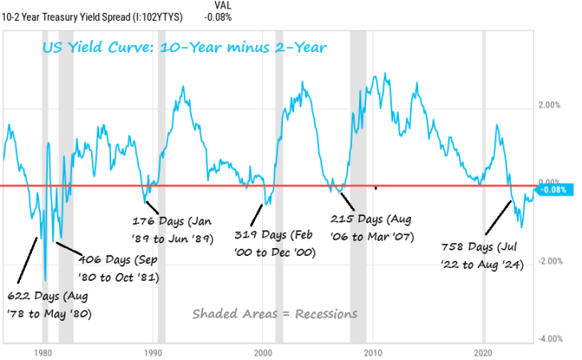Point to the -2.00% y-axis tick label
[553, 262]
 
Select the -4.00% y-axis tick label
[553, 339]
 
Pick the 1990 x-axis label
[153, 353]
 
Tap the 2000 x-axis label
[263, 353]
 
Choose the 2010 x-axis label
[373, 353]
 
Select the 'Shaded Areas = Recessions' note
[274, 313]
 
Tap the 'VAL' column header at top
[215, 5]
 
